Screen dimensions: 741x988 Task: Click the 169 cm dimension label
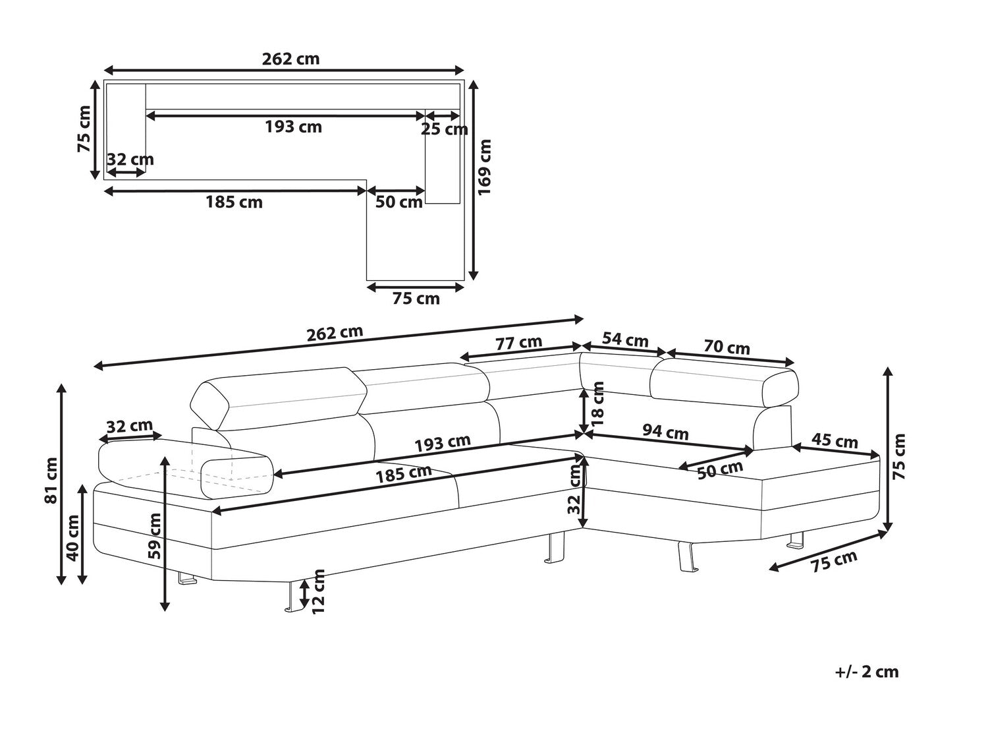(485, 166)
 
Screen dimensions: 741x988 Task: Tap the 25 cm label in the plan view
(444, 129)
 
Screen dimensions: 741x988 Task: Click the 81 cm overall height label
(51, 480)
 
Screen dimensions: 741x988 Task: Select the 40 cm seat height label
(72, 537)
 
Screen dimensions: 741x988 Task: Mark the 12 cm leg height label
(319, 591)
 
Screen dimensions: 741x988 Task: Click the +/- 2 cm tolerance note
(866, 672)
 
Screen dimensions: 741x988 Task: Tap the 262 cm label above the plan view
(290, 59)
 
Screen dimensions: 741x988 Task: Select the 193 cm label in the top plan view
(293, 127)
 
